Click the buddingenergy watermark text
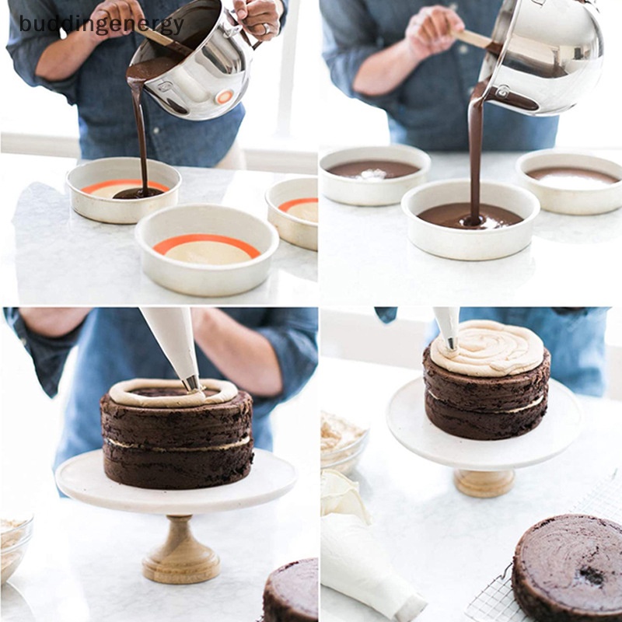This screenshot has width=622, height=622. click(x=101, y=24)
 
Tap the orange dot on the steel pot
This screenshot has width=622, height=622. click(x=224, y=97)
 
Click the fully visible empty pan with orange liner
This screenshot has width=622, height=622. click(x=206, y=249)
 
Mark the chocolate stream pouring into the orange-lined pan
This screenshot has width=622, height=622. click(x=140, y=132)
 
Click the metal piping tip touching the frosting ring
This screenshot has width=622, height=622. click(x=190, y=382)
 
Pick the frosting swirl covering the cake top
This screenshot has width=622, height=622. click(x=487, y=348)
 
